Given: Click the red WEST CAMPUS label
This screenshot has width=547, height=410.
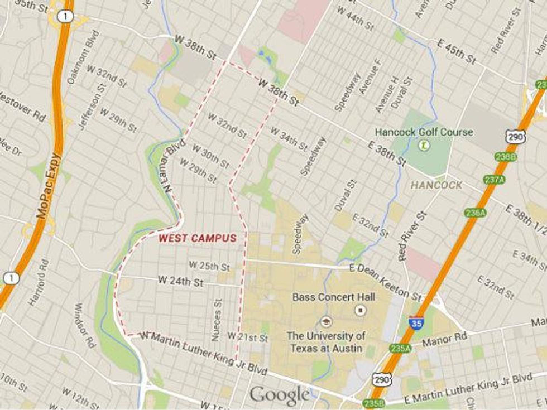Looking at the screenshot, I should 197,238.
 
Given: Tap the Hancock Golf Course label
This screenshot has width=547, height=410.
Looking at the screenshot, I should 424,132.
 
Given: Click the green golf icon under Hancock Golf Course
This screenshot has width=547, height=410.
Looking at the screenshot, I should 424,146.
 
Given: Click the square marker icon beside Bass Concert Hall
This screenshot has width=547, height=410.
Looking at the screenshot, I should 361,310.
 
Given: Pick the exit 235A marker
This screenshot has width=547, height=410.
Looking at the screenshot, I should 400,349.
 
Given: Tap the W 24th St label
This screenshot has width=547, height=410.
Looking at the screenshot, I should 180,280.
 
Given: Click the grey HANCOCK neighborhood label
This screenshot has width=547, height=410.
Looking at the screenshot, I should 436,185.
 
